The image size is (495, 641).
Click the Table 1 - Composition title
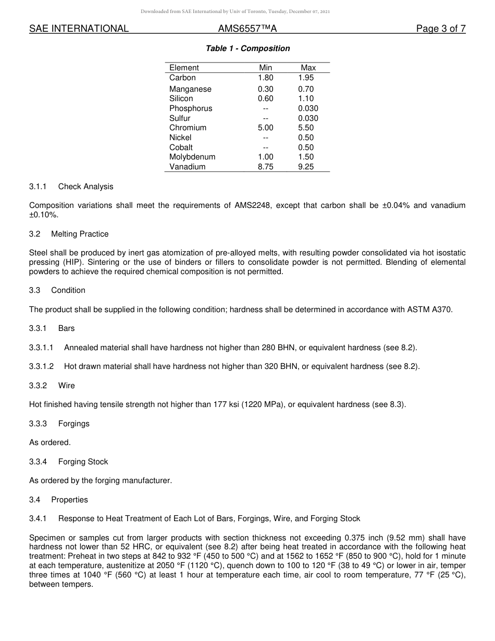[x=247, y=48]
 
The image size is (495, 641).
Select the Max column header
[x=308, y=68]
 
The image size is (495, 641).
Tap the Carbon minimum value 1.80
[x=265, y=78]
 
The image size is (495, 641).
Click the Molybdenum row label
[x=192, y=157]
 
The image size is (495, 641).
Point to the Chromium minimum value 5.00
[x=265, y=128]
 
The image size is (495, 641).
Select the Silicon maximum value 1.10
[x=306, y=98]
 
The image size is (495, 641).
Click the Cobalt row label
[x=181, y=147]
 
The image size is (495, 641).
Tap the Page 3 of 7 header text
[x=440, y=29]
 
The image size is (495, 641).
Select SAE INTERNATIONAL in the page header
[x=79, y=29]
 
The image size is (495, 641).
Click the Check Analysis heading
[x=85, y=187]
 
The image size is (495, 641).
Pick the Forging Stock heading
[x=83, y=462]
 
